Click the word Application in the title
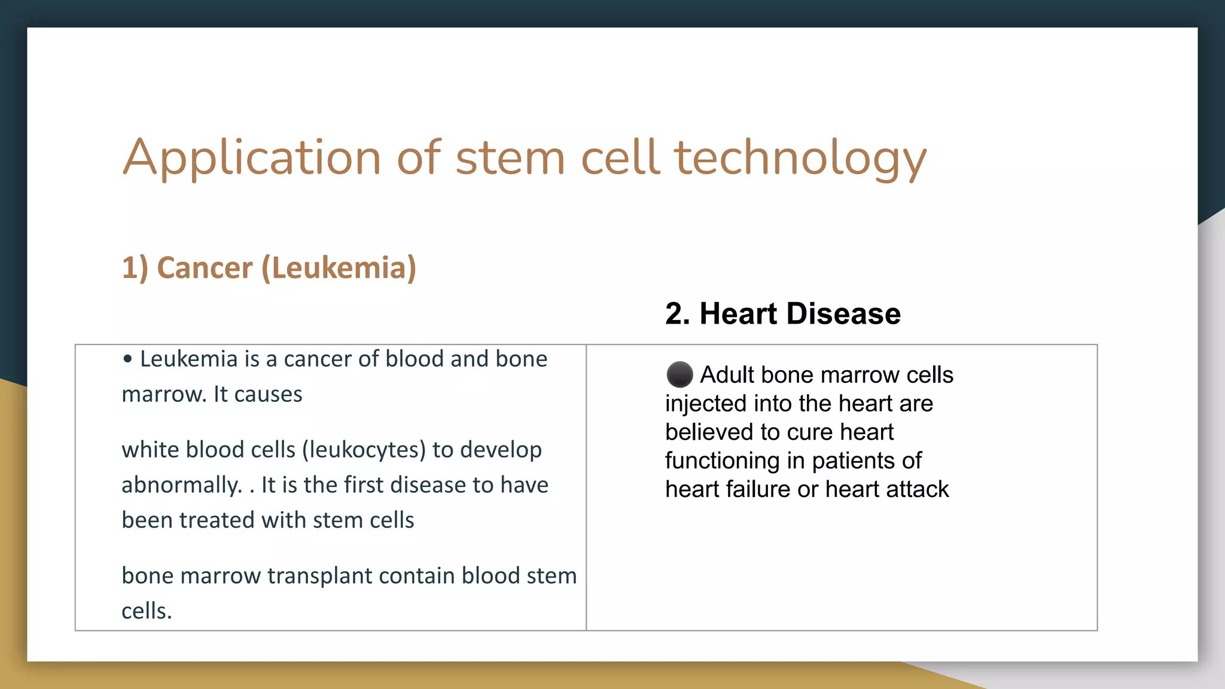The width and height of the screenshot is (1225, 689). (x=251, y=157)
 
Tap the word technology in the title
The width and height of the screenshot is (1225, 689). (x=800, y=157)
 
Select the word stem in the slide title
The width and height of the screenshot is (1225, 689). (x=510, y=157)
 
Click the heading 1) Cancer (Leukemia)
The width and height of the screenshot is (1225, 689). (x=269, y=267)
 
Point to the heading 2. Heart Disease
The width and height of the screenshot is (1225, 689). (x=782, y=313)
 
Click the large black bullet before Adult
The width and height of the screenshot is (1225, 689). (x=679, y=375)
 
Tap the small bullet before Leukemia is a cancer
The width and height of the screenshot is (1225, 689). (x=127, y=359)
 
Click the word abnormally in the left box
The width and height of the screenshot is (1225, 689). (x=181, y=485)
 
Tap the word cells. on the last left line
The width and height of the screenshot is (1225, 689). (x=147, y=611)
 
